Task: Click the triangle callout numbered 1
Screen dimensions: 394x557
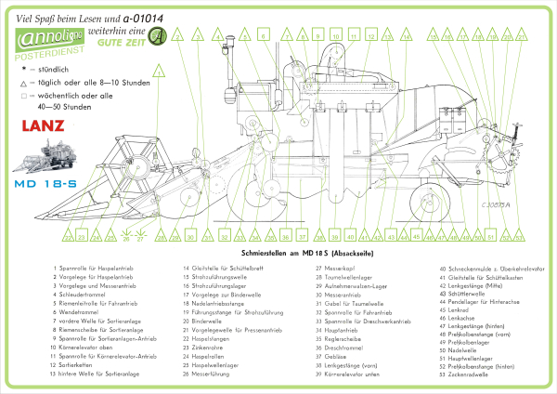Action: (x=159, y=69)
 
